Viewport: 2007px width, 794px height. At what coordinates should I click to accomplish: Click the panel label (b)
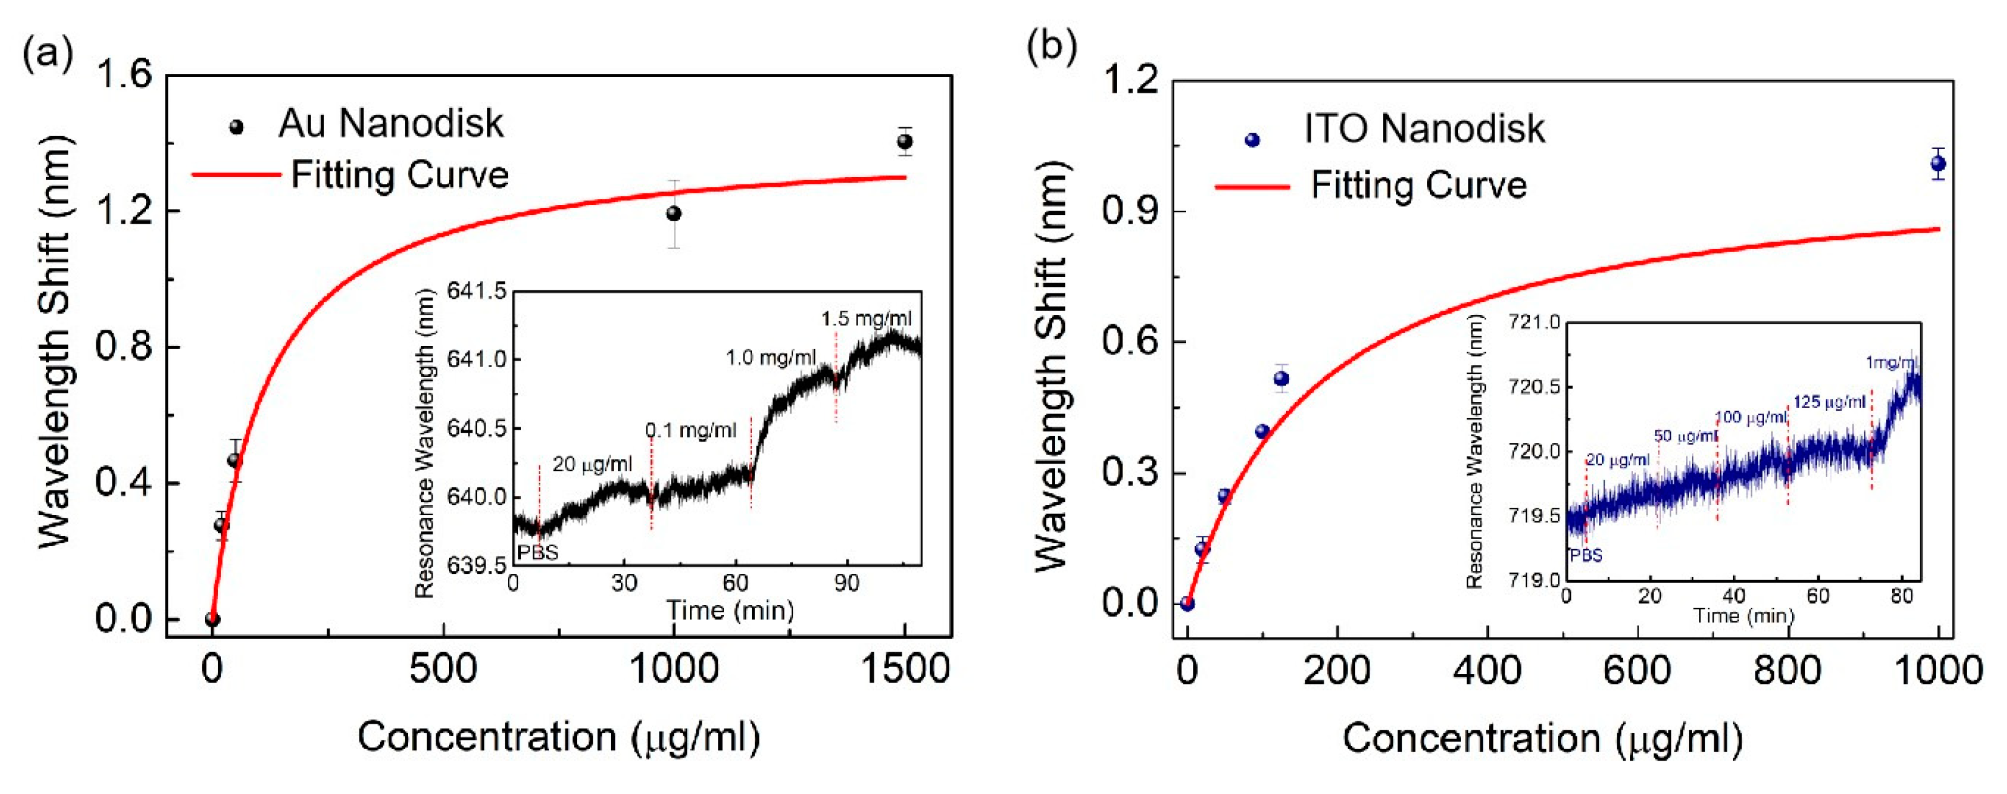(x=1052, y=47)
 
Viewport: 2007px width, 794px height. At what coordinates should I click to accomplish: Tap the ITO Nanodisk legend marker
(x=1252, y=140)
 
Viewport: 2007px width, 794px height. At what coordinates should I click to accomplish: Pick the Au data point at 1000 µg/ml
(x=674, y=213)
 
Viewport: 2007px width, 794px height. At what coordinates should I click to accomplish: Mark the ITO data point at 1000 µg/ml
(x=1939, y=164)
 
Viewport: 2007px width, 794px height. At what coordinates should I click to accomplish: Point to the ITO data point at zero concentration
(x=1187, y=603)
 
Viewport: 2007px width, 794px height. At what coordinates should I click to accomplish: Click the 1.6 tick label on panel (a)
(x=123, y=76)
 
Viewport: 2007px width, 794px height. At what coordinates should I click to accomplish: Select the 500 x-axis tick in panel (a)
(x=442, y=669)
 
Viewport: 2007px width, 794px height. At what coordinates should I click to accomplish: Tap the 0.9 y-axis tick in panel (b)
(x=1129, y=211)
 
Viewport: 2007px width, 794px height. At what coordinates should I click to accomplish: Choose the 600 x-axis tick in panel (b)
(x=1637, y=670)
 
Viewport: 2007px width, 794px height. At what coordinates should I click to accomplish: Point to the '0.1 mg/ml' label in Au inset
(x=690, y=430)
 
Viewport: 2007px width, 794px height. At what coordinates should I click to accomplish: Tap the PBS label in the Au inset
(x=538, y=552)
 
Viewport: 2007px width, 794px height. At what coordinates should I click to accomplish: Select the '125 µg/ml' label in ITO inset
(x=1829, y=402)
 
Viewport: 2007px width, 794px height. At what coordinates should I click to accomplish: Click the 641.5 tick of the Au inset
(x=476, y=292)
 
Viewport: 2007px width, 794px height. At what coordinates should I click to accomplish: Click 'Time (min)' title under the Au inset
(x=730, y=610)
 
